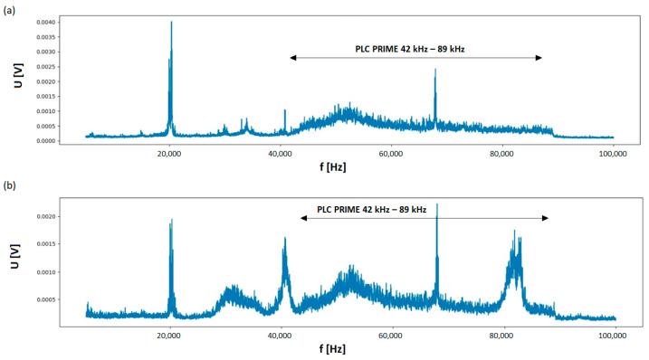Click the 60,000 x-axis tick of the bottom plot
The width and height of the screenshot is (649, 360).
click(x=391, y=335)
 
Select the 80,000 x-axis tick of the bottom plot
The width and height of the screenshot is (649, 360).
click(x=501, y=335)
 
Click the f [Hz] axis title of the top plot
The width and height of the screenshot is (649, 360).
click(x=330, y=168)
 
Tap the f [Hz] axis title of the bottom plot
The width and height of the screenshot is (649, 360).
click(x=330, y=348)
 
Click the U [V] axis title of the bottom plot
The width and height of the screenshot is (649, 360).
click(x=14, y=261)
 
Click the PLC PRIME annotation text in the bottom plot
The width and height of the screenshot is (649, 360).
click(x=371, y=209)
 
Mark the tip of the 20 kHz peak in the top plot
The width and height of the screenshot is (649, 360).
click(x=171, y=23)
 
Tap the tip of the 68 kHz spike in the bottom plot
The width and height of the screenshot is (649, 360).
click(x=437, y=204)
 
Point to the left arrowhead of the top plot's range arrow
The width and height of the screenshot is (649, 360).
click(x=292, y=58)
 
